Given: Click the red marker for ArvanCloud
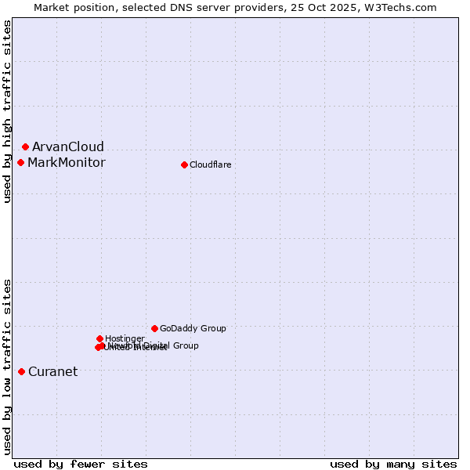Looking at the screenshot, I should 25,146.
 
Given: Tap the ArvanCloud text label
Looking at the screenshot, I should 67,147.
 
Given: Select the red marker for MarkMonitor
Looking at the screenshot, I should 21,162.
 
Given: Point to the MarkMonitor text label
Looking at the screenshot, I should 66,163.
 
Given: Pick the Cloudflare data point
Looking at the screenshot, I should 184,164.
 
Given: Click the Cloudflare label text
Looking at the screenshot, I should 210,165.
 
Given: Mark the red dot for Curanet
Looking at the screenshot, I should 21,371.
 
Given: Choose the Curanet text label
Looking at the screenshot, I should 52,372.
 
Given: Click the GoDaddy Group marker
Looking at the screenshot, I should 154,328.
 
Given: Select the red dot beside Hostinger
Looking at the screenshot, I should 99,338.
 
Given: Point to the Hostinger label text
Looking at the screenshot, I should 125,339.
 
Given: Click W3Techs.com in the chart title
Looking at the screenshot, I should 401,7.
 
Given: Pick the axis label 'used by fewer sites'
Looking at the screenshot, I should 81,464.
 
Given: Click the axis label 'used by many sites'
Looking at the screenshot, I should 393,464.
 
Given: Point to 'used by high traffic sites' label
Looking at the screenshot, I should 7,112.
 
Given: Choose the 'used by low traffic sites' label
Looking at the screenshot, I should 7,367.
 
